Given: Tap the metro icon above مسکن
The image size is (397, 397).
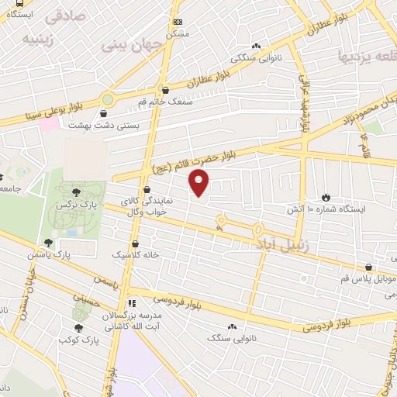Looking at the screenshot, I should point(178,22).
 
